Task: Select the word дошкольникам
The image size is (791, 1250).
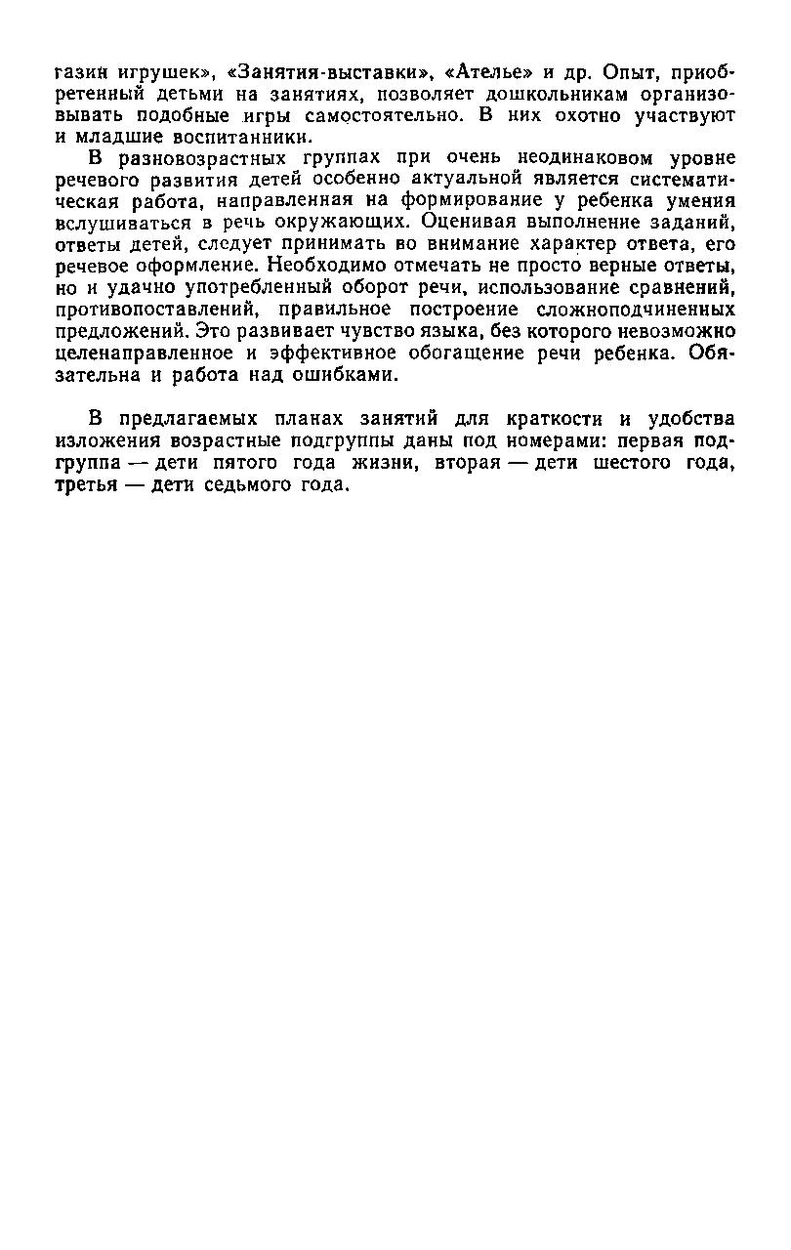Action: [545, 95]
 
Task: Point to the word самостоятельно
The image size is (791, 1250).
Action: [362, 116]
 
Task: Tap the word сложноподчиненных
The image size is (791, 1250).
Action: [636, 310]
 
